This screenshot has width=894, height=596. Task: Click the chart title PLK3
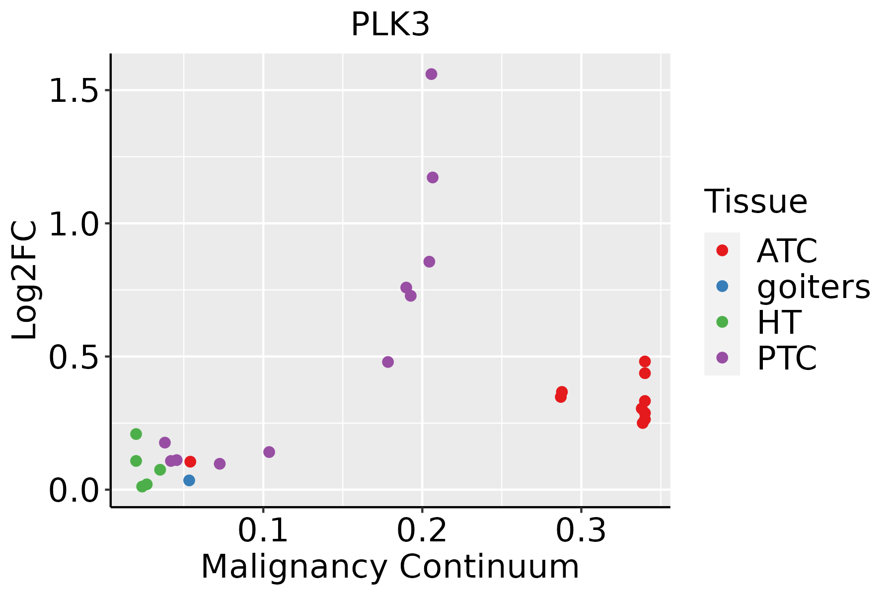point(390,25)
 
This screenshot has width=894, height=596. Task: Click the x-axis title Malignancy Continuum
point(390,567)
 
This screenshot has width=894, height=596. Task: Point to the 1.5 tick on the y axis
point(73,90)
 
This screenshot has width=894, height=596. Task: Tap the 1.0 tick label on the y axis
point(73,223)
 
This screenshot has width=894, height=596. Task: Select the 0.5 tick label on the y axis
point(73,357)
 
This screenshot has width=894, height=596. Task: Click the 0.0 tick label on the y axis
point(73,490)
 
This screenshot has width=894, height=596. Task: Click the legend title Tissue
point(756,202)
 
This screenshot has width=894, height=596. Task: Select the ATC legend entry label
point(787,251)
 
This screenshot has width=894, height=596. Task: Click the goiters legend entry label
point(814,287)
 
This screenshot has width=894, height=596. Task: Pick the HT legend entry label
point(779,322)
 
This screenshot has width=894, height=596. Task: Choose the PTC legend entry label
point(787,358)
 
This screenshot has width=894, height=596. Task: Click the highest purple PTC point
point(431,74)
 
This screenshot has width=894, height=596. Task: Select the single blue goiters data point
point(189,480)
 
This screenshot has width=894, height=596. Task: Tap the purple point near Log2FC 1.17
point(433,177)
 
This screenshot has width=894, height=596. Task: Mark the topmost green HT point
point(136,434)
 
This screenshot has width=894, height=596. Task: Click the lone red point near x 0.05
point(190,461)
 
